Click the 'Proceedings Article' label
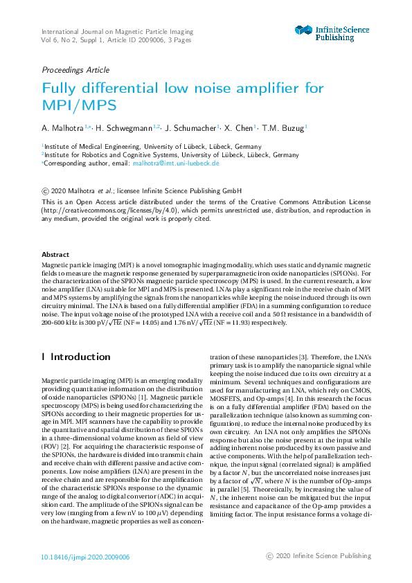75,70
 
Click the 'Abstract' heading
55,255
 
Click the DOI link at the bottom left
85,557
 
